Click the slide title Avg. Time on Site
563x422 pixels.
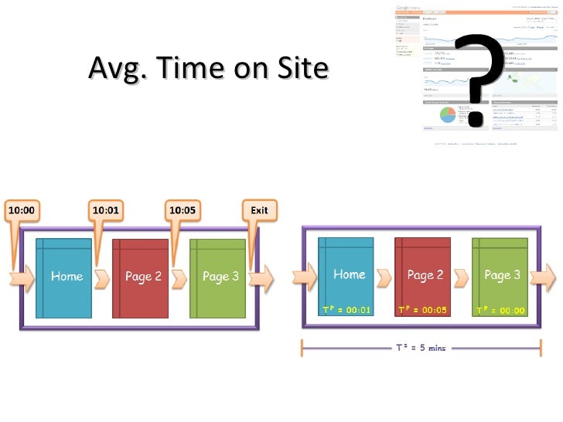coord(209,69)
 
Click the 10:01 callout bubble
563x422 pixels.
coord(105,210)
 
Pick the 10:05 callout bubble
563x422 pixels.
coord(183,210)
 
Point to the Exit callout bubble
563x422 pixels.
coord(259,210)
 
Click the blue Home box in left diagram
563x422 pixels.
coord(65,277)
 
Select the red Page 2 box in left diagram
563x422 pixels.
coord(140,277)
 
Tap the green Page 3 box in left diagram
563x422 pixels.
coord(219,277)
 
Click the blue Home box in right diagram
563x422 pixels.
coord(349,275)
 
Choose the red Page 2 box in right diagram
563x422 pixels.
coord(425,275)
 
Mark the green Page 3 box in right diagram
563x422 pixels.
coord(503,275)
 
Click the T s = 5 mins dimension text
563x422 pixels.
coord(421,348)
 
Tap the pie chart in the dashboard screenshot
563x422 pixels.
coord(449,115)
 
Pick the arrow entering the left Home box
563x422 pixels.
coord(22,278)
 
